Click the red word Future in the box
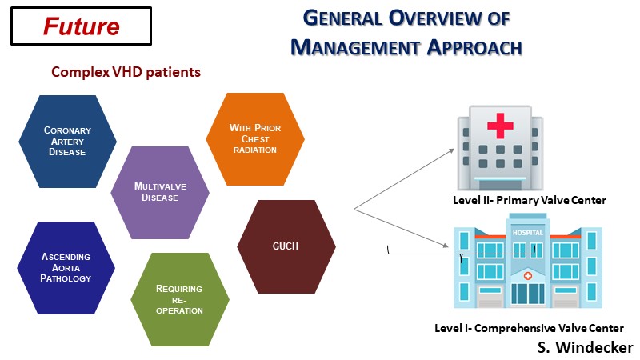pyautogui.click(x=82, y=26)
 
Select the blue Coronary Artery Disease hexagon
pyautogui.click(x=68, y=142)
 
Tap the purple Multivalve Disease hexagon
pyautogui.click(x=160, y=192)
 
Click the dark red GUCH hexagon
pyautogui.click(x=285, y=246)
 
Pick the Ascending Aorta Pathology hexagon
pyautogui.click(x=66, y=268)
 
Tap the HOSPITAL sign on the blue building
pyautogui.click(x=528, y=233)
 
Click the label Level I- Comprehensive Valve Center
pyautogui.click(x=529, y=328)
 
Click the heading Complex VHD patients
pyautogui.click(x=126, y=72)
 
